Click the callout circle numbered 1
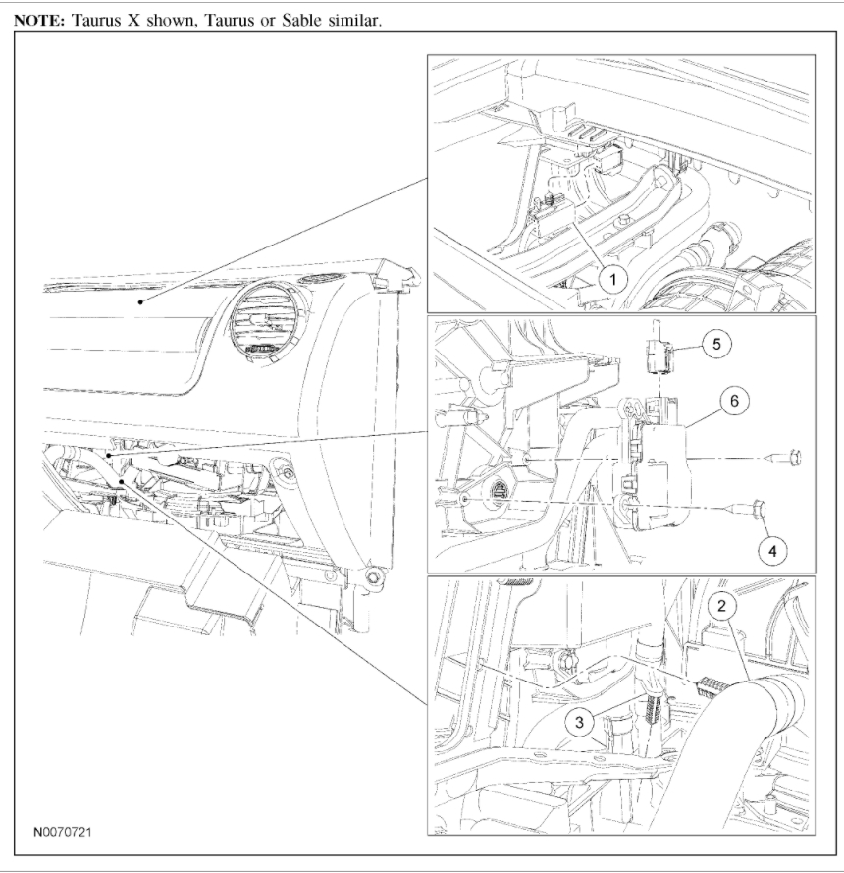tap(612, 279)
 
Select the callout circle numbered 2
tap(723, 606)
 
